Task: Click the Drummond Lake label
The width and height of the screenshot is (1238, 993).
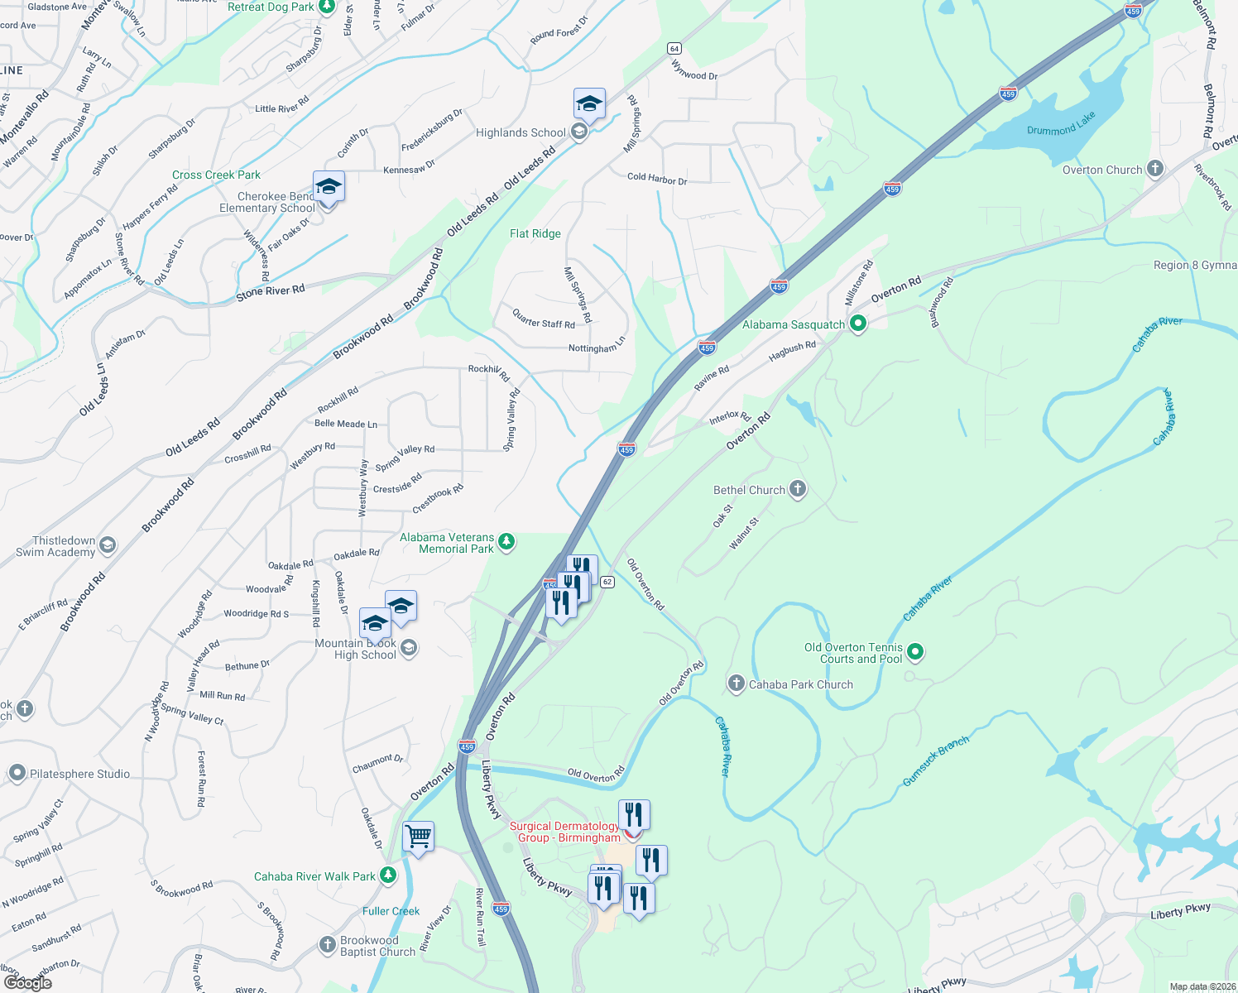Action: tap(1061, 124)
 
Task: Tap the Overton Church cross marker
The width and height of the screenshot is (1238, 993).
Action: tap(1155, 169)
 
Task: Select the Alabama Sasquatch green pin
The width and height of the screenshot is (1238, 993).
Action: tap(858, 324)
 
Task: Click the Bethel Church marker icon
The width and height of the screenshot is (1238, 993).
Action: tap(798, 489)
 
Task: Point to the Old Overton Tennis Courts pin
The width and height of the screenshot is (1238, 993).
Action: tap(915, 652)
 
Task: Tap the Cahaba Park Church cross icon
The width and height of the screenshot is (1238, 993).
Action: tap(737, 684)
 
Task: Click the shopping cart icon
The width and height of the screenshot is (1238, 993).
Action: tap(419, 837)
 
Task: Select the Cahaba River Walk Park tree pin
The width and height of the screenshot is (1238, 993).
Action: tap(388, 875)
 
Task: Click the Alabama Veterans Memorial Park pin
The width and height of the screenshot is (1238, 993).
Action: tap(506, 542)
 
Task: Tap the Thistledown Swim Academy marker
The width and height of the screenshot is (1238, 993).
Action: tap(108, 545)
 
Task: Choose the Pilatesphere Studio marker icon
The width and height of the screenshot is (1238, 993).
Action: tap(17, 773)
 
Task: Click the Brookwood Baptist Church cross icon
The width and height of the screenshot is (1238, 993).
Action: tap(328, 944)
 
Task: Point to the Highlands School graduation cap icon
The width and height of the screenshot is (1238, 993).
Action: tap(589, 104)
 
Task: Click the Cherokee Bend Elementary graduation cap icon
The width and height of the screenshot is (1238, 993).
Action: tap(329, 187)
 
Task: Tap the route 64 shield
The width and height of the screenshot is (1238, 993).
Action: tap(674, 49)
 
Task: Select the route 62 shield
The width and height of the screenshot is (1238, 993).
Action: tap(607, 582)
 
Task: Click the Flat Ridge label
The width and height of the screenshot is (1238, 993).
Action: tap(535, 233)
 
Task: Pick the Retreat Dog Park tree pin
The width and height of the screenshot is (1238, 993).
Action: tap(327, 7)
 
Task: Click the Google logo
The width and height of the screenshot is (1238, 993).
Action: tap(27, 982)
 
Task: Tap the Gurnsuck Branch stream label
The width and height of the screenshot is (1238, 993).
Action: tap(935, 761)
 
